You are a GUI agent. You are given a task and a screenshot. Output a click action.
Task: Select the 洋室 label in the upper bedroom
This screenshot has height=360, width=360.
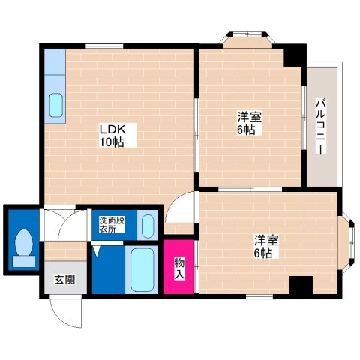[249, 117]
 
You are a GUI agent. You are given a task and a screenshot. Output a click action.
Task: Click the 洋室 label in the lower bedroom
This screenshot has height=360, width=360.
[266, 241]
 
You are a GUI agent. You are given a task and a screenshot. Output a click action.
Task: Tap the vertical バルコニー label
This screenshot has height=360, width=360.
[320, 125]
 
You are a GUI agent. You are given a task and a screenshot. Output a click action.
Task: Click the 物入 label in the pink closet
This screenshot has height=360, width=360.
[180, 267]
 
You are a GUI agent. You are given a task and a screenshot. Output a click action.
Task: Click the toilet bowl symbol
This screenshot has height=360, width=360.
[23, 245]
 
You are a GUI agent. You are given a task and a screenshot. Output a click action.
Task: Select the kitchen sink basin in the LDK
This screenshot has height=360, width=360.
[55, 106]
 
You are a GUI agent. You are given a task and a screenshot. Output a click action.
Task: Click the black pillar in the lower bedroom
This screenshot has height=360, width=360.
[301, 286]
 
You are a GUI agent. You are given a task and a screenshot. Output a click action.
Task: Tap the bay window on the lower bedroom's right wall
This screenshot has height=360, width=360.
[346, 239]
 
